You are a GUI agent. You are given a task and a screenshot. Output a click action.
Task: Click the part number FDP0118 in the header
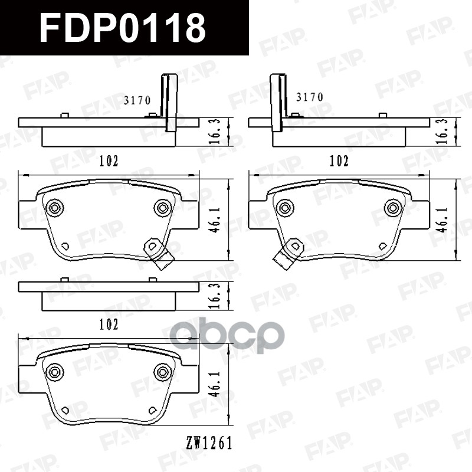pyautogui.click(x=123, y=27)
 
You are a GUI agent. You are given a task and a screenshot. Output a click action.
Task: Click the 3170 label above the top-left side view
pyautogui.click(x=137, y=100)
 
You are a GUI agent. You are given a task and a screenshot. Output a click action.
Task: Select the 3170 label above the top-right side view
pyautogui.click(x=309, y=97)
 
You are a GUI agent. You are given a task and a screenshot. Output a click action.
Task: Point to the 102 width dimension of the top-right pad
pyautogui.click(x=338, y=160)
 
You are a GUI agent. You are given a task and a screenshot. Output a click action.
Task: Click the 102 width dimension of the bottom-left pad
pyautogui.click(x=109, y=324)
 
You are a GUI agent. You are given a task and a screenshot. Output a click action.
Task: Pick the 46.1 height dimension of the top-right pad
pyautogui.click(x=440, y=218)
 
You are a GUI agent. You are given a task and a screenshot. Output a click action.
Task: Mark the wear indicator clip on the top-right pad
pyautogui.click(x=288, y=251)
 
